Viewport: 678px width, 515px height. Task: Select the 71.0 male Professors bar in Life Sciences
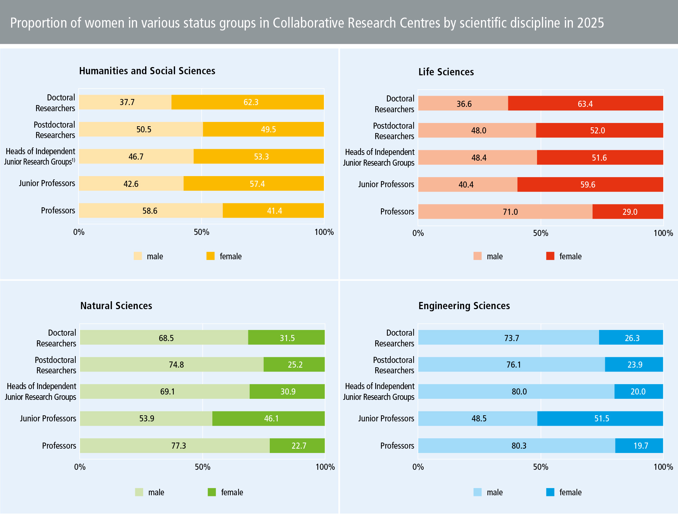[x=505, y=212]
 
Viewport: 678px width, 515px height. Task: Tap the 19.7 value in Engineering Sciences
[x=641, y=446]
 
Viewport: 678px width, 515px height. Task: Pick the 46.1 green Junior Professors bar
[x=268, y=419]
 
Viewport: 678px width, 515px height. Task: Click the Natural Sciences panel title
[x=116, y=306]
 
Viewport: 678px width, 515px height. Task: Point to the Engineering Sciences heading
[x=464, y=306]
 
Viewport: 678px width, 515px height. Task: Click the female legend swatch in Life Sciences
[x=550, y=256]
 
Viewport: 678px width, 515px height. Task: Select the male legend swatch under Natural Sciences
[x=139, y=492]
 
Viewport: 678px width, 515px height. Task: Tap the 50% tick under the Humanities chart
[x=201, y=232]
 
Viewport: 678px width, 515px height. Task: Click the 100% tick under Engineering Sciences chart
[x=663, y=467]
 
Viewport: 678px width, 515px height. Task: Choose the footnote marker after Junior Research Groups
[x=74, y=160]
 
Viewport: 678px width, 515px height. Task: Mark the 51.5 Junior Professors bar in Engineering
[x=600, y=419]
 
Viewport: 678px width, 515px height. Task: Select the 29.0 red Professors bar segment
[x=628, y=212]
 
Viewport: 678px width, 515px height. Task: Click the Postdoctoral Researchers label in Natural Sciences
[x=56, y=365]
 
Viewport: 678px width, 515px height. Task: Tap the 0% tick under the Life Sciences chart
[x=418, y=233]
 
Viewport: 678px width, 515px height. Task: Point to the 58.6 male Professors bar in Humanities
[x=150, y=211]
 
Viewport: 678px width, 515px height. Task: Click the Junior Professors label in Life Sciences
[x=386, y=184]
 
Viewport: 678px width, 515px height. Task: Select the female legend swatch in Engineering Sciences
[x=550, y=492]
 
